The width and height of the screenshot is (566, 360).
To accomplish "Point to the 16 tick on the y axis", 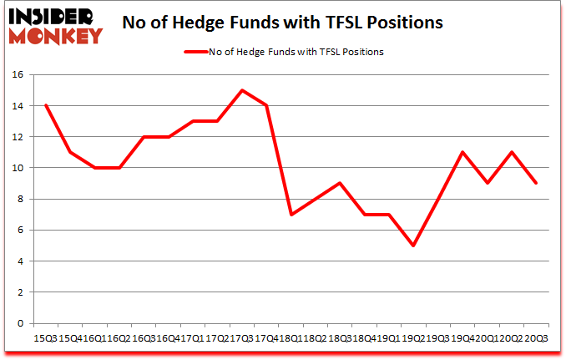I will [19, 74].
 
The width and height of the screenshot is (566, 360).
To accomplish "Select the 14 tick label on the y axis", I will [19, 105].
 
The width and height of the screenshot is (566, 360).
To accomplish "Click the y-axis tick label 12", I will [19, 137].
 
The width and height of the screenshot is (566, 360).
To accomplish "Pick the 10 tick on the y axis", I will [19, 168].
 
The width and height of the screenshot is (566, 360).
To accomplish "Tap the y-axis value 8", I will [22, 199].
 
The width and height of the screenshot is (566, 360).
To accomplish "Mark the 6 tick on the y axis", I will [22, 231].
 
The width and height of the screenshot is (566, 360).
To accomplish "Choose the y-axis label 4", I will [22, 261].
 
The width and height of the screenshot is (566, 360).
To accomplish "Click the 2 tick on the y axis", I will [22, 292].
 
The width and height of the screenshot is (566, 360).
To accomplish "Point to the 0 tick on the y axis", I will [22, 324].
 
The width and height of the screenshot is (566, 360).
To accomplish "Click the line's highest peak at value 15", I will [241, 90].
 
